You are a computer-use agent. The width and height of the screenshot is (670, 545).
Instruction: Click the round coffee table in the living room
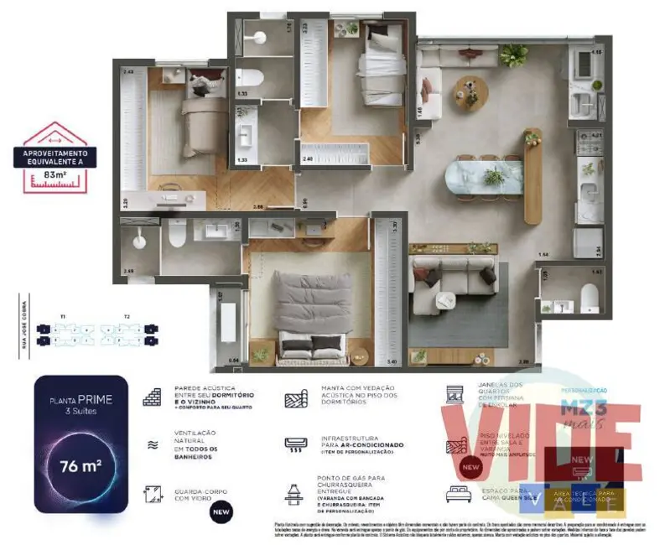click(470, 92)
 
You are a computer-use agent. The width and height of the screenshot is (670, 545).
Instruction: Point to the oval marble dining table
click(483, 177)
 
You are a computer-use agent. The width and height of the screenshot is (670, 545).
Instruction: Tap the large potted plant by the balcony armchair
click(513, 55)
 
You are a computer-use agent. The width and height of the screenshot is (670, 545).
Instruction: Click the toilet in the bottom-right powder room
click(589, 298)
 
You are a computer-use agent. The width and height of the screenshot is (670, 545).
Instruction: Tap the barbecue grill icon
click(293, 494)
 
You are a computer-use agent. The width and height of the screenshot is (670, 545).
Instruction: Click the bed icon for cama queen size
click(459, 493)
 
